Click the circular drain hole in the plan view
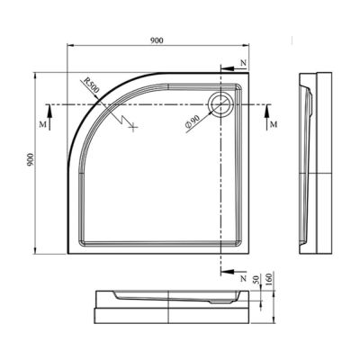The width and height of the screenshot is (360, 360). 219,103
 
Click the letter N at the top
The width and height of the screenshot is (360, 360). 243,63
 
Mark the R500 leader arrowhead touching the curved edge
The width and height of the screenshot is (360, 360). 101,94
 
